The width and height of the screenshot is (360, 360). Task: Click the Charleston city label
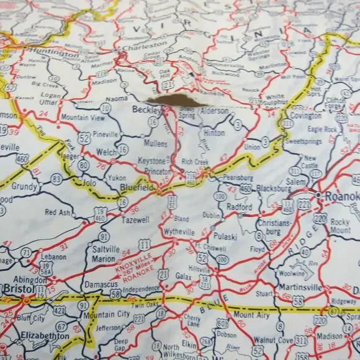(144, 45)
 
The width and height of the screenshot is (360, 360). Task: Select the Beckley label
(146, 110)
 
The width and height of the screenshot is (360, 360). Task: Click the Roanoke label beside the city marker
(341, 196)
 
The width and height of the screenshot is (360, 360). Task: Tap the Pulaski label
(225, 236)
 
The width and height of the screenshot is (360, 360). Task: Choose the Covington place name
(305, 115)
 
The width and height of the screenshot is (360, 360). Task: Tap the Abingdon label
(29, 280)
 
